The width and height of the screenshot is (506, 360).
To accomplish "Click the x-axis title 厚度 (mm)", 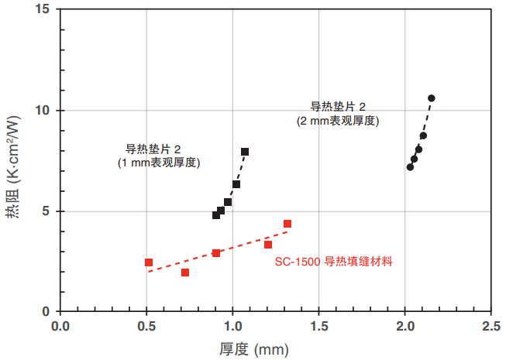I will (x=254, y=348).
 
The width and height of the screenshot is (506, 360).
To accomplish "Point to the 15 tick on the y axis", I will (x=43, y=9).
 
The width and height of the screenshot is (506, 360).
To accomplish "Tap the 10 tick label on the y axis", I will (x=43, y=111).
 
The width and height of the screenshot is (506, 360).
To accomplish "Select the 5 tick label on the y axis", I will (x=46, y=211).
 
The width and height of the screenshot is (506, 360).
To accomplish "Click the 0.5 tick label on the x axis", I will (x=146, y=326).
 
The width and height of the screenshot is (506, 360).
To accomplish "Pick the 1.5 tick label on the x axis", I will (x=318, y=326).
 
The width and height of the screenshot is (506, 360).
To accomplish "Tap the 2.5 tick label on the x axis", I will (x=491, y=326).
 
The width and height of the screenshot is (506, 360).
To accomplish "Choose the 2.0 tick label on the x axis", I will (x=404, y=326).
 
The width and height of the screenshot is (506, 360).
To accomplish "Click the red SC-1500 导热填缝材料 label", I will (x=334, y=262).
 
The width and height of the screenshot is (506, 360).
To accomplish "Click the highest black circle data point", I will (x=431, y=98).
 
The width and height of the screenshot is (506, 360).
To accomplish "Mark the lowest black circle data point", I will (x=410, y=166).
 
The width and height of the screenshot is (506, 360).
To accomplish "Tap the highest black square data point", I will (x=245, y=152).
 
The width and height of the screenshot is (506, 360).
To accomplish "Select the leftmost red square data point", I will (x=149, y=262).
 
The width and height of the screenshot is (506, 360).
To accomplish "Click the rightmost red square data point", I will (x=287, y=224).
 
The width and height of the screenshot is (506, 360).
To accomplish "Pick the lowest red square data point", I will (x=185, y=273).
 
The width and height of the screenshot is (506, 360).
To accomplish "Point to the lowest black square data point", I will (x=216, y=215).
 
